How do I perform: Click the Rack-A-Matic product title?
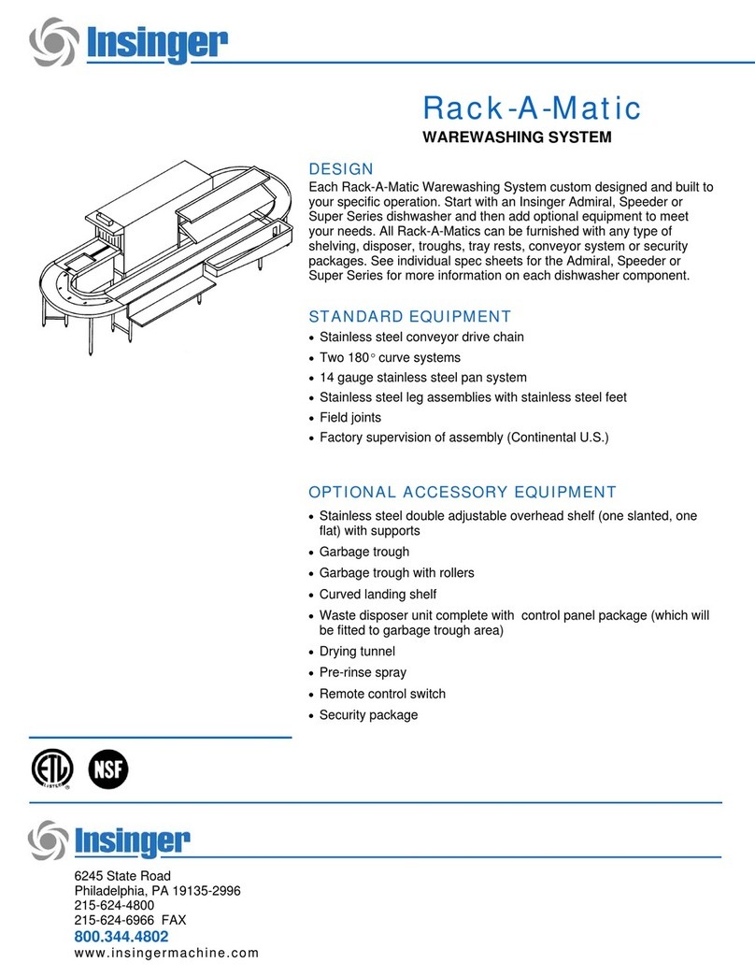[x=532, y=108]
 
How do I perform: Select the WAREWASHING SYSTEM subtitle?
[x=517, y=138]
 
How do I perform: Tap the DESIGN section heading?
[x=341, y=169]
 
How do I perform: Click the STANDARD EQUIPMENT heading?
[x=409, y=316]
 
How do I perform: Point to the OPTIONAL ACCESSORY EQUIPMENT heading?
[x=463, y=492]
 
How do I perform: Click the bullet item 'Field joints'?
[x=350, y=418]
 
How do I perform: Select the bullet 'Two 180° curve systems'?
[x=390, y=357]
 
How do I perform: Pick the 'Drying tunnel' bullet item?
[x=357, y=651]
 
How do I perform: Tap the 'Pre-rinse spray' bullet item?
[x=363, y=672]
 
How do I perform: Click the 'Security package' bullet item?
[x=368, y=715]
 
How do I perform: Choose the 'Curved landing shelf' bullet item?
[x=377, y=595]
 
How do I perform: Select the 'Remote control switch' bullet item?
[x=382, y=694]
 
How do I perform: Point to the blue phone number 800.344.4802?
[x=121, y=936]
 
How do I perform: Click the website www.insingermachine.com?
[x=165, y=954]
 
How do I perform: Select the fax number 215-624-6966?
[x=130, y=920]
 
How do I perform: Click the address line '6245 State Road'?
[x=121, y=876]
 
